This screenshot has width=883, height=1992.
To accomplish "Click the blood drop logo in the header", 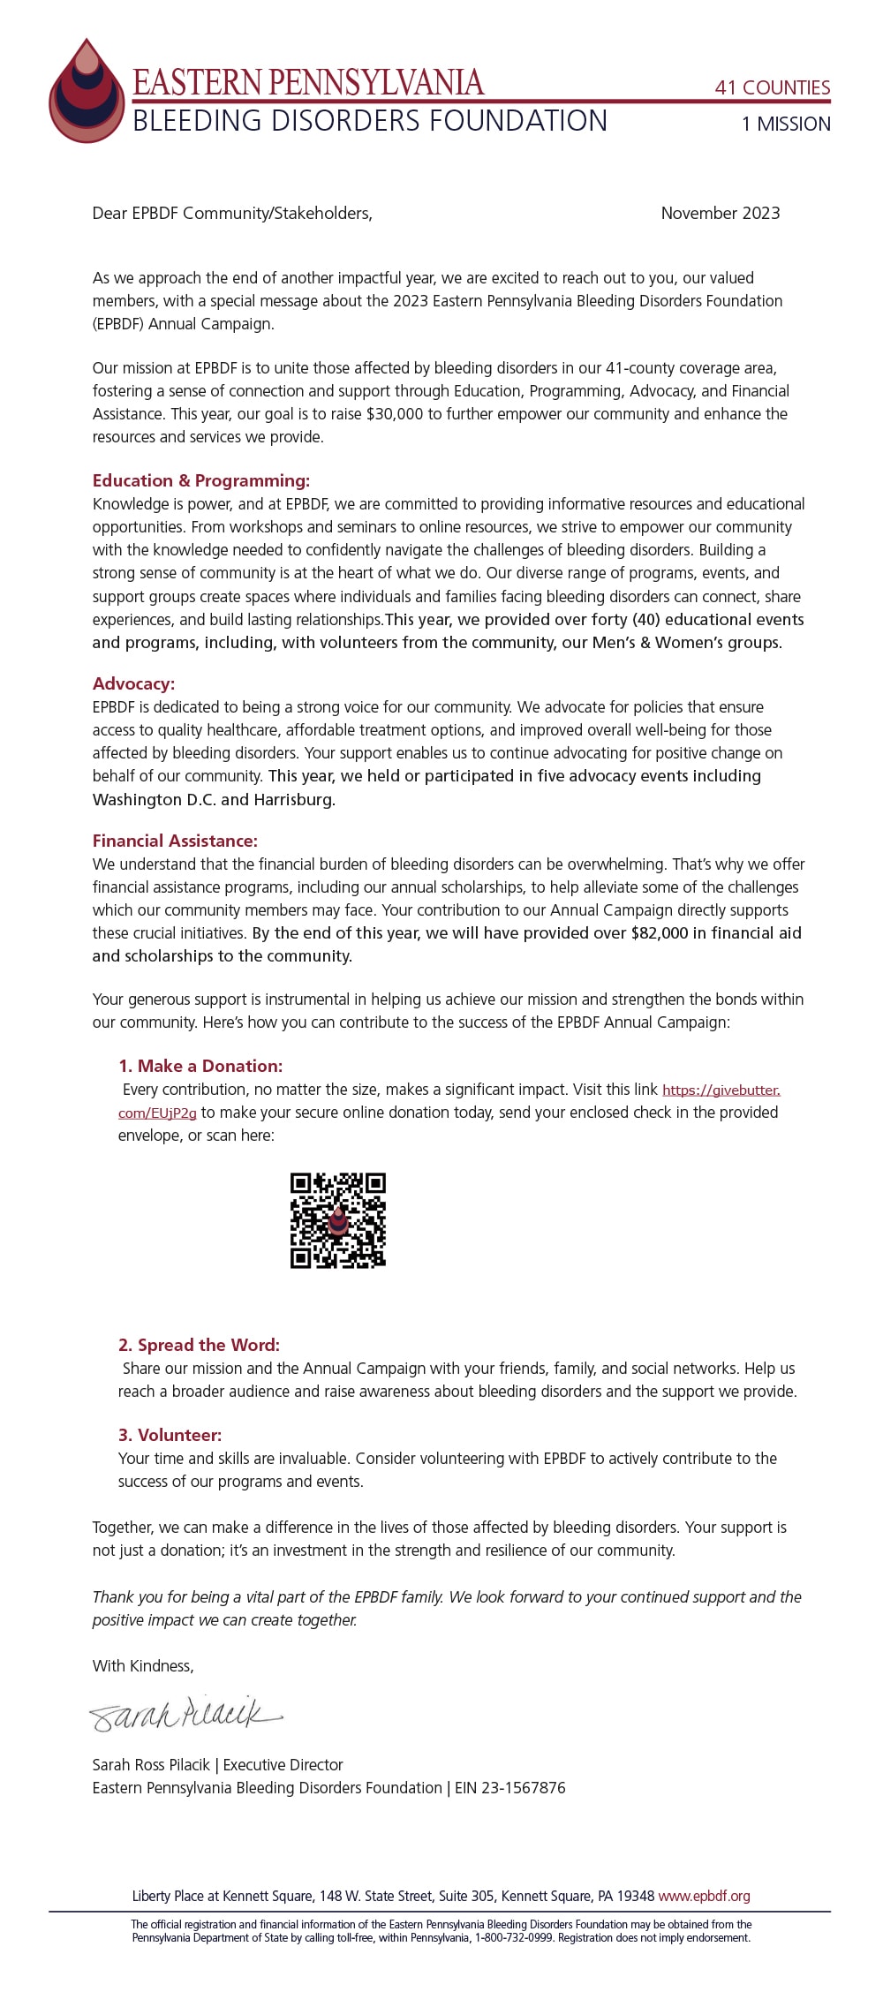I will (87, 93).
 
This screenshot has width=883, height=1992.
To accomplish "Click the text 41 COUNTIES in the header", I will (772, 87).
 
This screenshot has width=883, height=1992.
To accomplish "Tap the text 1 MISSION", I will (786, 124).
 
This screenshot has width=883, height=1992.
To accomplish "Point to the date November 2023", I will (720, 213).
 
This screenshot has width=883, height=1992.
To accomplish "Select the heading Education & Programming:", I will (201, 480).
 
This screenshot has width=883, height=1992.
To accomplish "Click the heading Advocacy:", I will (133, 683).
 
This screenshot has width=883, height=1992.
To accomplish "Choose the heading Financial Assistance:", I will (175, 841).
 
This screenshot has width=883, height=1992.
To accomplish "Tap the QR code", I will (338, 1220).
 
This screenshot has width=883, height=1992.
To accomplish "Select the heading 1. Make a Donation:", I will (200, 1066).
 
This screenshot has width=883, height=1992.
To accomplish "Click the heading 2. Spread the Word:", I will (199, 1345).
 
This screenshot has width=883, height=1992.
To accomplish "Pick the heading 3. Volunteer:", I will (170, 1435).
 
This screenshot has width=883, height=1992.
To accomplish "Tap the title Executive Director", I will (283, 1764).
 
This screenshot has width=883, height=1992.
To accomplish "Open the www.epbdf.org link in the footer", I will (704, 1896).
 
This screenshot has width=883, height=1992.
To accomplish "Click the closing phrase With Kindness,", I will (143, 1665).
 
